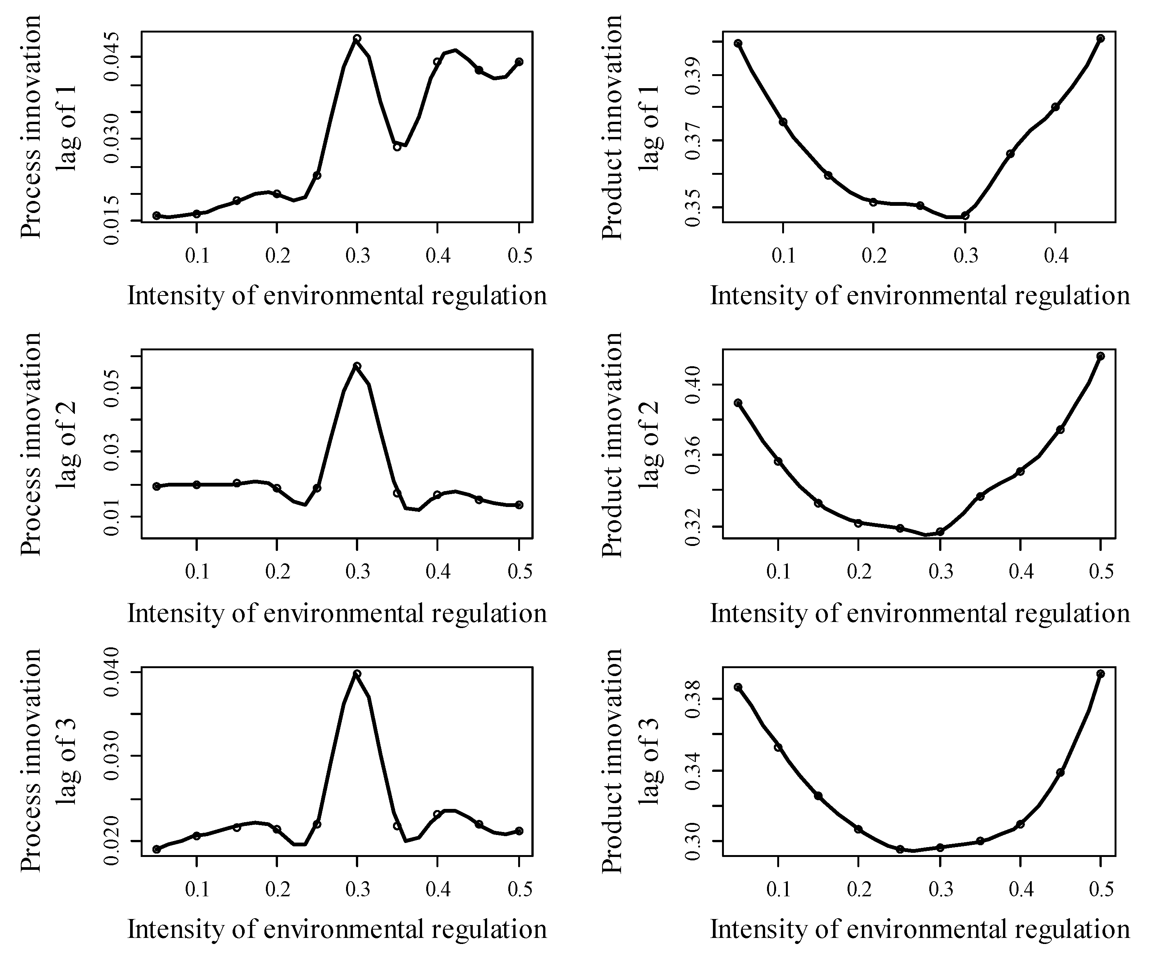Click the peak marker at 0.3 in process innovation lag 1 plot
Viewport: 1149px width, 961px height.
(357, 38)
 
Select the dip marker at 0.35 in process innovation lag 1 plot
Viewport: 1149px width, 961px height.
(397, 147)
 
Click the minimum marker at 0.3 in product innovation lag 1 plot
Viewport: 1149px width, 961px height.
(965, 216)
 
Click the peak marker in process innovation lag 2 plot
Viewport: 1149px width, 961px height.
(357, 365)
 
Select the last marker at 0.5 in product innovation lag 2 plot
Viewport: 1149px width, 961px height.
(1101, 356)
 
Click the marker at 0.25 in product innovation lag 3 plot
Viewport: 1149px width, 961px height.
(899, 849)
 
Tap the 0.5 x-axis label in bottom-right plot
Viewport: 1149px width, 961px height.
(1101, 889)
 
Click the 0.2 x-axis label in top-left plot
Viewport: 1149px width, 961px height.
(277, 256)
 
